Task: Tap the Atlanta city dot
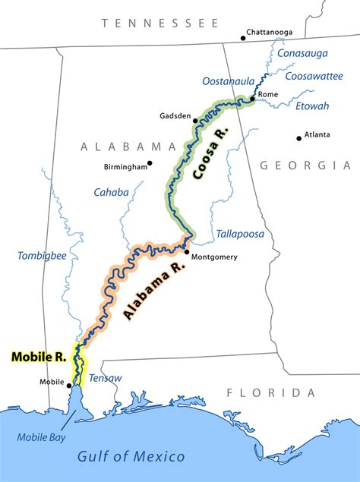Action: [x=299, y=138]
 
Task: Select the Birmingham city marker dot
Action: [x=150, y=162]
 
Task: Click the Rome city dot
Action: [x=253, y=99]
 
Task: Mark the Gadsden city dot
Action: [x=195, y=120]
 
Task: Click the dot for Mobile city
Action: [x=70, y=385]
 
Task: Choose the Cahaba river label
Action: [x=111, y=192]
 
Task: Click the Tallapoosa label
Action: [x=240, y=234]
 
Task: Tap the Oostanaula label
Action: [x=227, y=81]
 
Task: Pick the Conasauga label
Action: [x=304, y=54]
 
